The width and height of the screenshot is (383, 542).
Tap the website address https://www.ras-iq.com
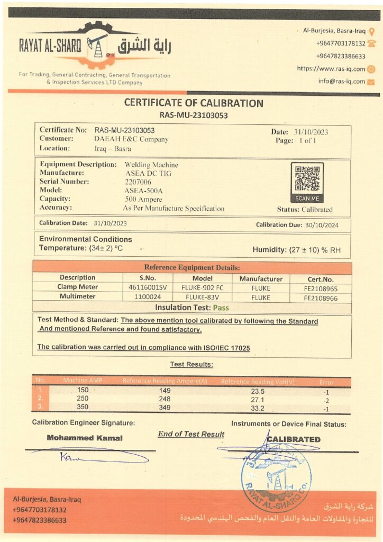(331, 69)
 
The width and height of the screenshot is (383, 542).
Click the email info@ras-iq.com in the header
(342, 82)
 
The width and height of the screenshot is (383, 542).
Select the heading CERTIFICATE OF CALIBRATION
(193, 103)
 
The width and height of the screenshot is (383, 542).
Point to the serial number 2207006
(138, 182)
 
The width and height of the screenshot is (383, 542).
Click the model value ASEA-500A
(143, 190)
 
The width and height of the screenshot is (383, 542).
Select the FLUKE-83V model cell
(202, 297)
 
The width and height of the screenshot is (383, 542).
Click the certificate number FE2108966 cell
(321, 297)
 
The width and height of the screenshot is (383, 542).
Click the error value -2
(326, 400)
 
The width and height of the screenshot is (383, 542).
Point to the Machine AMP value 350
(83, 407)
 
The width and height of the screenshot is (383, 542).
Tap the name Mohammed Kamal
(85, 438)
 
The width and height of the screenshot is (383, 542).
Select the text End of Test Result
(191, 434)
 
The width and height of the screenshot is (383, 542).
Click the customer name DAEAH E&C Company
(131, 139)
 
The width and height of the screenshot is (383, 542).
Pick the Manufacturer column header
(261, 278)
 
